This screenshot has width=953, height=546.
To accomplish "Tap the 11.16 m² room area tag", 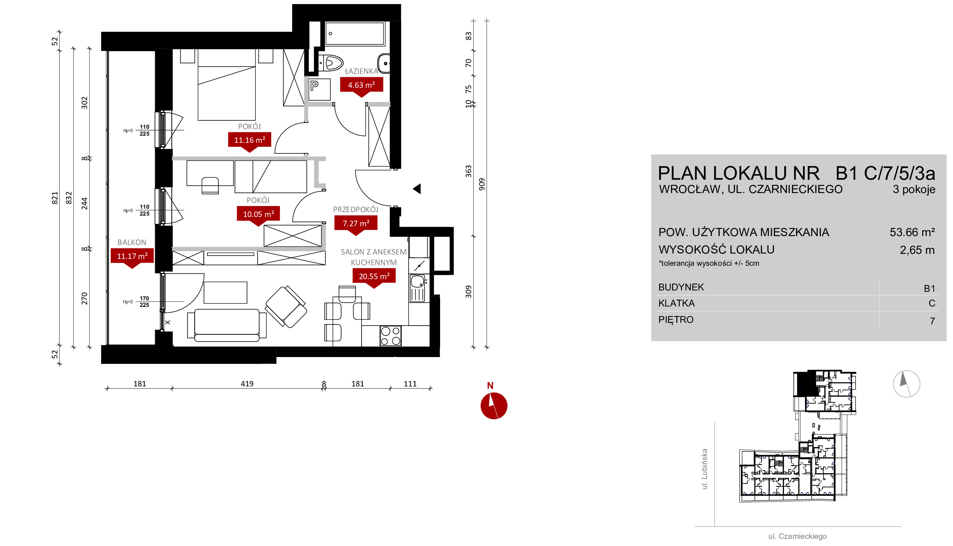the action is (249, 140).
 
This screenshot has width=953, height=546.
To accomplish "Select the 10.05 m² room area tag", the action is (258, 214).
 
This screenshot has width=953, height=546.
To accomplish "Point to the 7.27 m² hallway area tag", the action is (356, 223).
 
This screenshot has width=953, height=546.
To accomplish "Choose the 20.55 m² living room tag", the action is (374, 276).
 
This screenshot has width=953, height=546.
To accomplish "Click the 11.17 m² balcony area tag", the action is (132, 256).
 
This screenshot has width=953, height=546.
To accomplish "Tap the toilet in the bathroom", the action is (331, 63).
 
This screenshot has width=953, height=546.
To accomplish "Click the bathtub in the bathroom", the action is (355, 34).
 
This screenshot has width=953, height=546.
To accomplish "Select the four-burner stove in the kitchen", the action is (390, 336).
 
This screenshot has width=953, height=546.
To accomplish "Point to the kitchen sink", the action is (417, 288).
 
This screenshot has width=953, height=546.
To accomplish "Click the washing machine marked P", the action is (319, 89).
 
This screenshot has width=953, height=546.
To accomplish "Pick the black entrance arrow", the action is (417, 189).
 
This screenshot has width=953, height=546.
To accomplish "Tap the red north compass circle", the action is (494, 406).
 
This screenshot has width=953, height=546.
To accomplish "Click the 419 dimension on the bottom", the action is (247, 384).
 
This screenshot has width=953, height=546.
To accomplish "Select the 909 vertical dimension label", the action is (482, 184).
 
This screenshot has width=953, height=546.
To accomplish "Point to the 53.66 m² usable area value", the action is (912, 232).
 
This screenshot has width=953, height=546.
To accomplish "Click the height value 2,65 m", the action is (917, 250).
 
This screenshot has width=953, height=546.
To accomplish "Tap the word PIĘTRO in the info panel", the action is (676, 319).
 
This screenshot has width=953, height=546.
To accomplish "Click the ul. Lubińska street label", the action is (705, 469).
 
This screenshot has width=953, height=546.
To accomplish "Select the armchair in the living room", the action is (286, 306).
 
